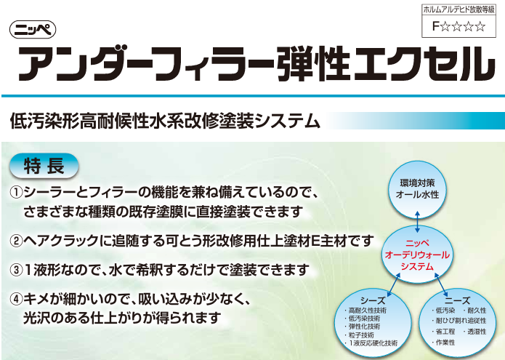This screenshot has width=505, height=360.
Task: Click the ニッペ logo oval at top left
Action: (x=33, y=30)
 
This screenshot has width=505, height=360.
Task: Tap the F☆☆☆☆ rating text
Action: (x=458, y=26)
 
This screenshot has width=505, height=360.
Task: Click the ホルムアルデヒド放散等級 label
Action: (x=458, y=9)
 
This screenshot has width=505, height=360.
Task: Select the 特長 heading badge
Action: (x=44, y=166)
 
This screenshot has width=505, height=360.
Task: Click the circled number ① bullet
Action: (x=16, y=193)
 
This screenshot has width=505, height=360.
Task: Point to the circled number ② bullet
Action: (x=16, y=241)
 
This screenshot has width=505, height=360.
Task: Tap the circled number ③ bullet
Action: (x=16, y=270)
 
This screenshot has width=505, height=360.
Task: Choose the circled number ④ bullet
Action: (x=16, y=300)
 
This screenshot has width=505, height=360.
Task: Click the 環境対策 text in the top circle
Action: (x=417, y=183)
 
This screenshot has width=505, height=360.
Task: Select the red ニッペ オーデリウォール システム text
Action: (x=417, y=255)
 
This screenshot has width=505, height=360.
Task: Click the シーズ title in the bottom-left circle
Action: (x=373, y=300)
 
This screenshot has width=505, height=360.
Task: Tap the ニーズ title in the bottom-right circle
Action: (x=457, y=300)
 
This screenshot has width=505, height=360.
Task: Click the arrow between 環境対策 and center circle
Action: (x=417, y=222)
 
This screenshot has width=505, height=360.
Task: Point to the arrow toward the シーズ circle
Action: (x=394, y=284)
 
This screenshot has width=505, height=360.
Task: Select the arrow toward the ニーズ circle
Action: (x=441, y=284)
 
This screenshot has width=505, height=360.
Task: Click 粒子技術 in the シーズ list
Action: (x=361, y=335)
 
